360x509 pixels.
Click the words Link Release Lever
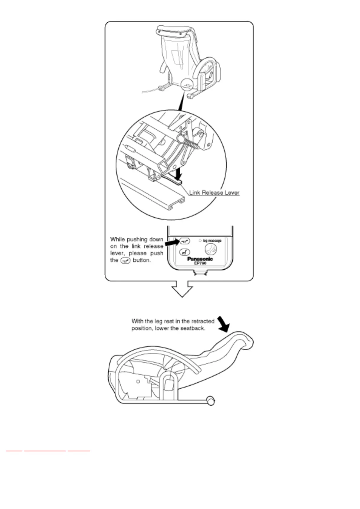coord(214,193)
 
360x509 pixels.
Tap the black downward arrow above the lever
coord(179,173)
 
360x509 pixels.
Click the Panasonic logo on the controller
coord(200,259)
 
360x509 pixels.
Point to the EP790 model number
coord(200,263)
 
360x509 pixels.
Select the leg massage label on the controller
coord(212,241)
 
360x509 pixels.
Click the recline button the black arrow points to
coord(185,241)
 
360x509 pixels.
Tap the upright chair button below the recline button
coord(185,251)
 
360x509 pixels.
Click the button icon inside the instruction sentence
coord(125,260)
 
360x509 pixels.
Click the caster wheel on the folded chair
coord(211,401)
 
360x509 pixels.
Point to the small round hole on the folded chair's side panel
coord(138,381)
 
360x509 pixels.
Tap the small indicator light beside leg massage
coord(200,241)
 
